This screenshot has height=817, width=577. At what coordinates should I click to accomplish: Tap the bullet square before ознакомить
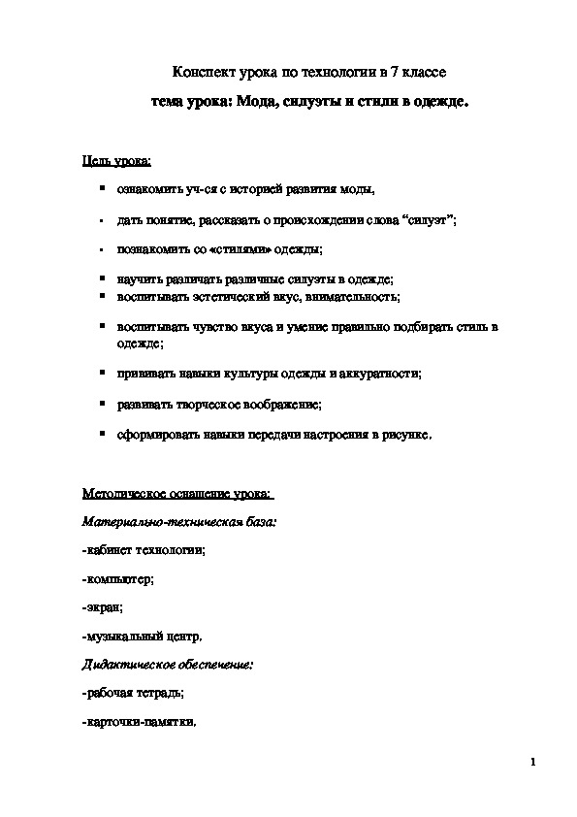click(101, 189)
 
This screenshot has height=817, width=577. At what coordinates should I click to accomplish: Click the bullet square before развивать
click(101, 403)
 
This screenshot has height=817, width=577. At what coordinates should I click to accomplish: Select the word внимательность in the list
click(357, 296)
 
